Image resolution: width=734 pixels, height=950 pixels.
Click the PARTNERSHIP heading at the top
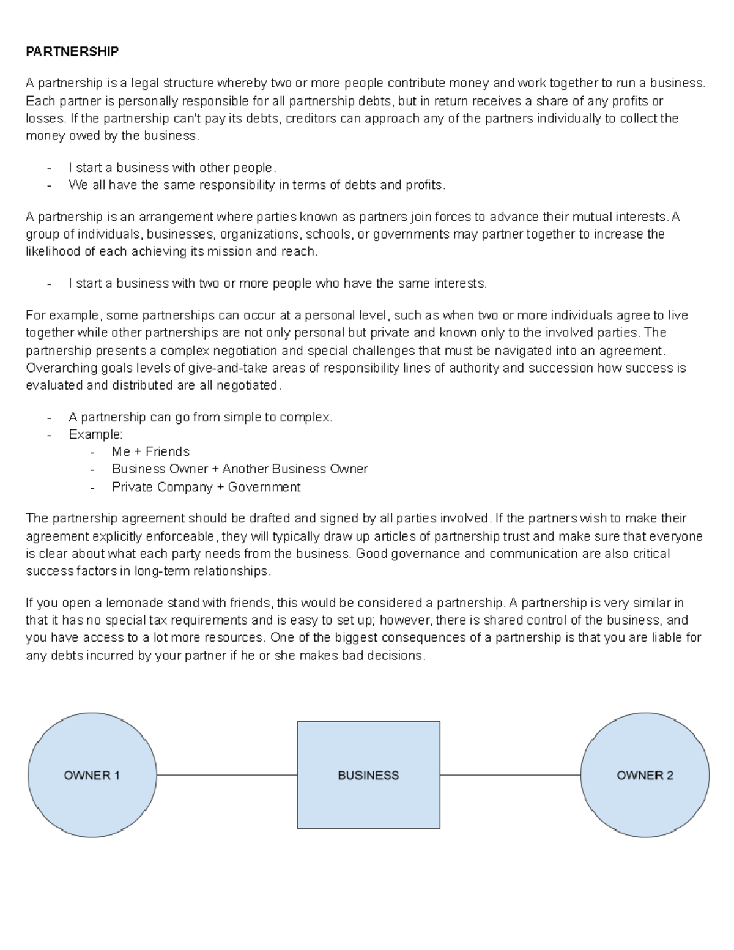(72, 51)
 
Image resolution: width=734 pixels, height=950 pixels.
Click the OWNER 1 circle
(92, 775)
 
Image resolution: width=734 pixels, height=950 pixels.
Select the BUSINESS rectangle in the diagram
(368, 775)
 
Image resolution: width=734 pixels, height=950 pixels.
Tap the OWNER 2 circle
(645, 775)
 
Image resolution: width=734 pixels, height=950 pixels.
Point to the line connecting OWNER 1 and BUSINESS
(226, 775)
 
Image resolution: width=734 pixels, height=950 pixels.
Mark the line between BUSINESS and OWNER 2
(510, 775)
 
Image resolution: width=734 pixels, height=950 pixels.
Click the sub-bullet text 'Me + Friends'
(150, 451)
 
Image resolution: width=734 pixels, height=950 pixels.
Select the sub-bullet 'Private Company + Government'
(206, 487)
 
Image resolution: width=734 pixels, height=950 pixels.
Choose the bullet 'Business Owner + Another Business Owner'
(240, 469)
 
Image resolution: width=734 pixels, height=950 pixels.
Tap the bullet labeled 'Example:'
(95, 434)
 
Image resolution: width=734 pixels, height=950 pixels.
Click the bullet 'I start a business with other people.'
(172, 168)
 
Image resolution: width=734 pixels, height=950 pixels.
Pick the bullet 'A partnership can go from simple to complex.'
(200, 417)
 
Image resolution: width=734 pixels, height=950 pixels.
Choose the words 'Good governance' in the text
(402, 554)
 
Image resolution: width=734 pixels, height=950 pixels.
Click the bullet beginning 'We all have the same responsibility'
(257, 185)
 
